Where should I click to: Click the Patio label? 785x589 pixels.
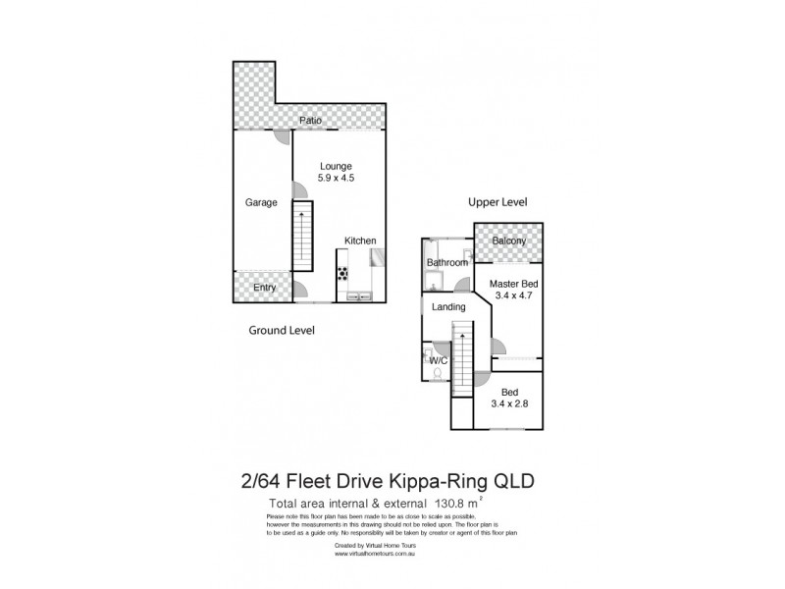coord(311,121)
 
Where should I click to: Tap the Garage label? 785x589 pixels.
coord(261,202)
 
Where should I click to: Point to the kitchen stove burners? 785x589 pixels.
coord(343,273)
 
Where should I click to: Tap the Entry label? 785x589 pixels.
coord(264,288)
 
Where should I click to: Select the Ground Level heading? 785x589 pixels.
coord(281,331)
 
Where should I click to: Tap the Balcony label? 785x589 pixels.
coord(509,241)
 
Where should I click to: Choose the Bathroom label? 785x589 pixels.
coord(446,263)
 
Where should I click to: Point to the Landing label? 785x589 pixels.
coord(448,307)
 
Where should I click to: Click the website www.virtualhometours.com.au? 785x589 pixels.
coord(378,554)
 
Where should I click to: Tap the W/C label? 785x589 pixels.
coord(439,360)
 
